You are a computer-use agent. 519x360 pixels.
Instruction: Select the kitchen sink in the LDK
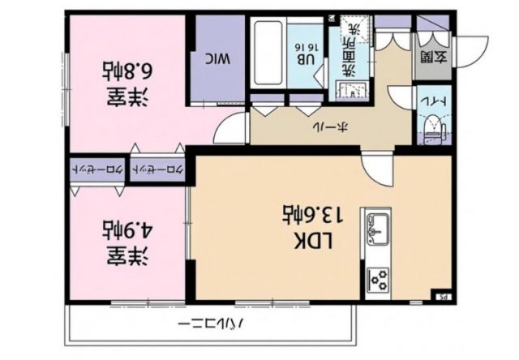pyautogui.click(x=377, y=229)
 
